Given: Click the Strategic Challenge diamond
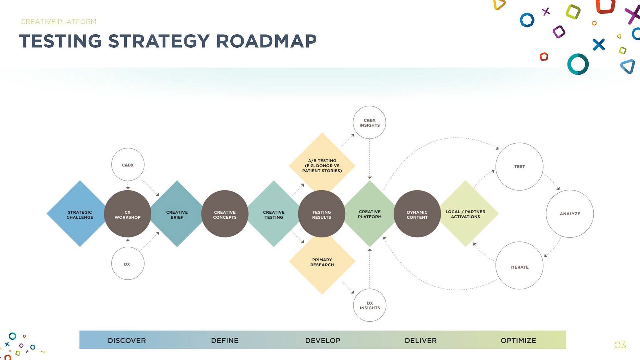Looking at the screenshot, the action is coord(80,214).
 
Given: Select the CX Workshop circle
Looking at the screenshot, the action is coord(128,214).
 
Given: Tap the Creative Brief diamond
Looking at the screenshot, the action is coord(177,214).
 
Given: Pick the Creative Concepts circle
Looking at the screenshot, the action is coord(225,214).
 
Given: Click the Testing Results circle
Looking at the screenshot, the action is coord(322,214).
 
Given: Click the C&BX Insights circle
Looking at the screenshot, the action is coord(369,122).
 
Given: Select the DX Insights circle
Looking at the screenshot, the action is coord(370,305).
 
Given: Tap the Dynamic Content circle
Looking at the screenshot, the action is coord(417,214).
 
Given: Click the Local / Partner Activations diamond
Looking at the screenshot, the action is coord(465,214).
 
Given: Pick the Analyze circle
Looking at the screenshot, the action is coord(570,214).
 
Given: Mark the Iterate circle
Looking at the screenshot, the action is coord(519,265).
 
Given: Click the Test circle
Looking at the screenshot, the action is coord(519,167).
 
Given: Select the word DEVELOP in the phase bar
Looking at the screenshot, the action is coord(323,340).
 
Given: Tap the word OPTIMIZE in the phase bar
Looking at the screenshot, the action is coord(518,340).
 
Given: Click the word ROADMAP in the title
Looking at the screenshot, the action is coord(266,41).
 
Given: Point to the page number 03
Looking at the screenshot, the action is coord(620,345).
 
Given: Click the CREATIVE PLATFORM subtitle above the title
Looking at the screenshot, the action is coord(58,22).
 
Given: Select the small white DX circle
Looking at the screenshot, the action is coord(128,263).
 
